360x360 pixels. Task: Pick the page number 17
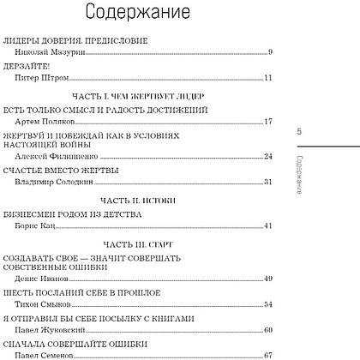[267, 122]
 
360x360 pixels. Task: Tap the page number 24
[267, 156]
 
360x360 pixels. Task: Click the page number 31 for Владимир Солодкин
[267, 182]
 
